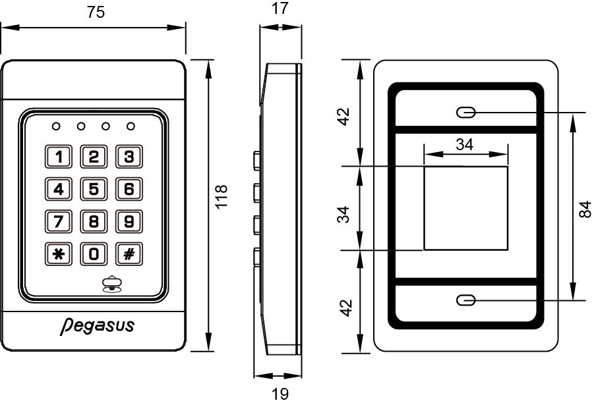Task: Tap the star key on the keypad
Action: (59, 254)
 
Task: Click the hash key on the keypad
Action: (129, 254)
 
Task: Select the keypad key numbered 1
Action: (59, 156)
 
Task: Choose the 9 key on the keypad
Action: (129, 221)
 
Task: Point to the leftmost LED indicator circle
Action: (56, 126)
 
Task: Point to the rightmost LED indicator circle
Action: (131, 126)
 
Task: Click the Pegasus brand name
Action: (98, 326)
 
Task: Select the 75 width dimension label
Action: (96, 12)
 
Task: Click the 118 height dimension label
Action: (222, 197)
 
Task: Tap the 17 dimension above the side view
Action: (280, 9)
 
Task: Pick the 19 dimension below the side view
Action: (280, 394)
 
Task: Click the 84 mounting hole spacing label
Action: (585, 209)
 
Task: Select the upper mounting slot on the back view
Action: (465, 113)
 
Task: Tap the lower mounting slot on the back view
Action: (465, 300)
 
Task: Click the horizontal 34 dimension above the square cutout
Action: (465, 145)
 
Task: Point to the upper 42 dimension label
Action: (344, 117)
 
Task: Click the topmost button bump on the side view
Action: (257, 160)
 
